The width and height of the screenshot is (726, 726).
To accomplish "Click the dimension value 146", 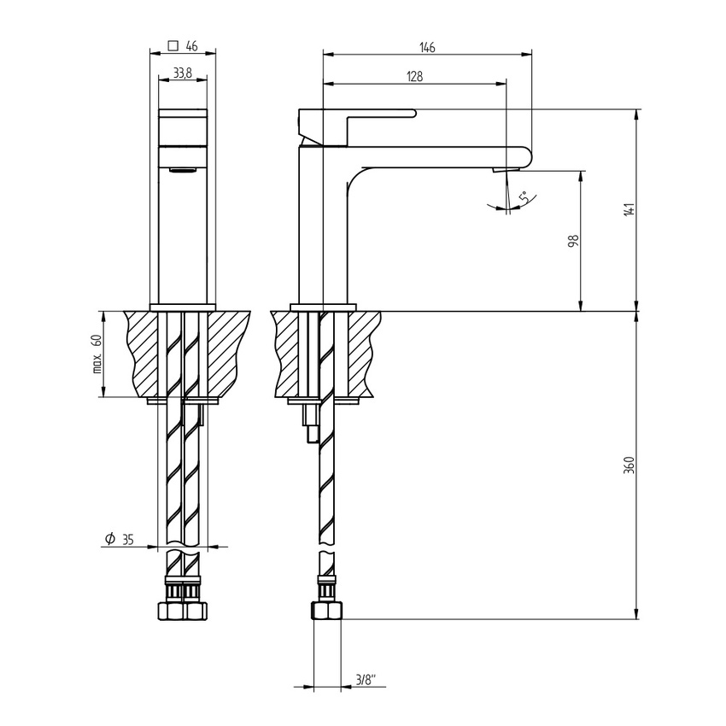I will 427,48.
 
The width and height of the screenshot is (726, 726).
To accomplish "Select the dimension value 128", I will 414,76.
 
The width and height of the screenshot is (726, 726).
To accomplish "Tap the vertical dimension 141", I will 629,209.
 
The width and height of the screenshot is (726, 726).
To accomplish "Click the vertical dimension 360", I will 629,465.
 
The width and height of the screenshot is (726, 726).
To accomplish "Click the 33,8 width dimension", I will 182,74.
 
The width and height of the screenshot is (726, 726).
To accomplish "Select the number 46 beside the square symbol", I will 191,47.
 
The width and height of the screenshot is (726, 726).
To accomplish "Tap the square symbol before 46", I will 173,47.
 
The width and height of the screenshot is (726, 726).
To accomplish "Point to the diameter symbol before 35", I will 109,538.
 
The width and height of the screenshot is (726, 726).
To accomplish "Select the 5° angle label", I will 523,197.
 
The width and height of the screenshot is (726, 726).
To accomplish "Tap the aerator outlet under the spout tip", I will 502,171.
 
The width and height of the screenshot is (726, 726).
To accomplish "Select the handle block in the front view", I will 184,128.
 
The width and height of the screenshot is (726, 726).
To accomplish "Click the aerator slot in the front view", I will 183,171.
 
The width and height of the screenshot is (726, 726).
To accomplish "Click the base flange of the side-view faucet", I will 323,307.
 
